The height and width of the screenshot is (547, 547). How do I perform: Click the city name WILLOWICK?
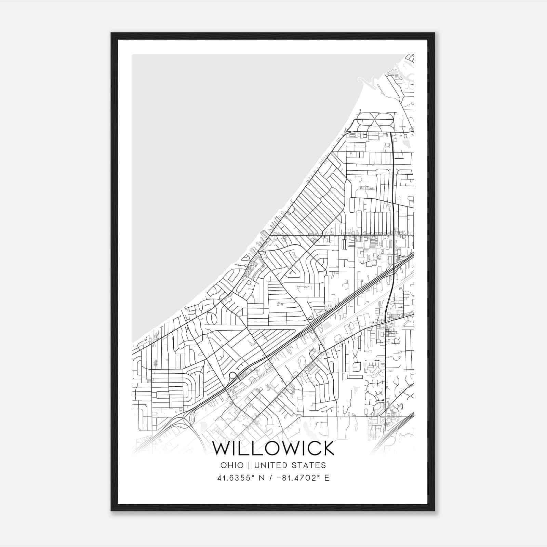click(x=273, y=448)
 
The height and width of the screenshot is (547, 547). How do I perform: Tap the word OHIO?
click(x=232, y=465)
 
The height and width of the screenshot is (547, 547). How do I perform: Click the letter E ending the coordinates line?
click(x=327, y=478)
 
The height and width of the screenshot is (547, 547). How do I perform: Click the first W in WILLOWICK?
click(x=222, y=448)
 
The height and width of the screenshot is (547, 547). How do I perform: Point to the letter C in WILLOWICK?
click(x=310, y=448)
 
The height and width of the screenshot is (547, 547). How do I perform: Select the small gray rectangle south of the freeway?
click(x=328, y=324)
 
